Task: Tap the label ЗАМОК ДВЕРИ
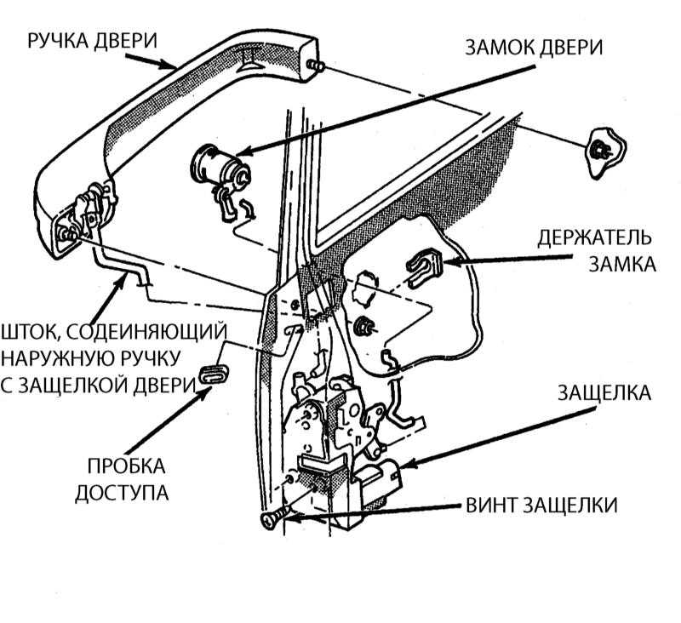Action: point(533,48)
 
